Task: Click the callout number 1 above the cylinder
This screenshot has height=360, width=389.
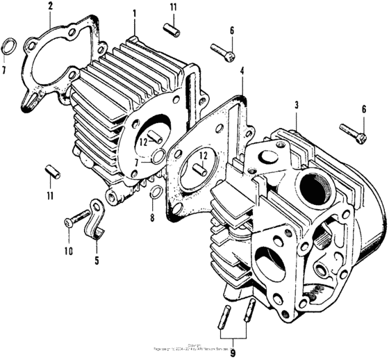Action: (x=134, y=13)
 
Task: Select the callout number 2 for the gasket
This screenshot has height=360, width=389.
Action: (x=50, y=7)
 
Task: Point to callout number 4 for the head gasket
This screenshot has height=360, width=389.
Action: (x=242, y=71)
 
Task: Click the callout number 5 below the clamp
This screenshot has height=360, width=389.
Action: (x=97, y=242)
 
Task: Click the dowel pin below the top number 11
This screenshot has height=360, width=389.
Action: (x=172, y=31)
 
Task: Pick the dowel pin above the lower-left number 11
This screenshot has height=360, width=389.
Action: (x=50, y=170)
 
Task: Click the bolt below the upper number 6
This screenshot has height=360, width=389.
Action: (x=223, y=51)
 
